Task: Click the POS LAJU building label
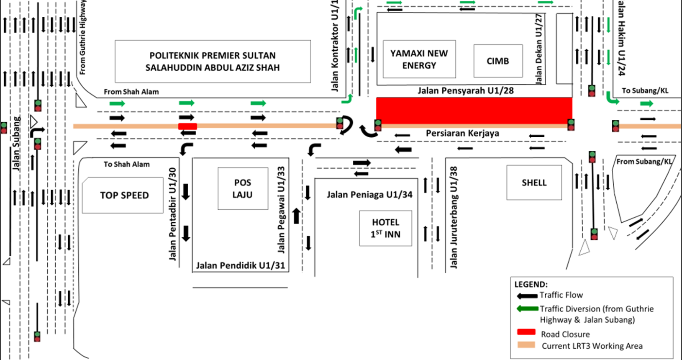(x=243, y=188)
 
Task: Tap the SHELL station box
(x=534, y=183)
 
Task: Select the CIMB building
(x=498, y=61)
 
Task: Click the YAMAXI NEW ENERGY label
(x=419, y=59)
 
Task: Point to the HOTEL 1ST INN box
(x=385, y=228)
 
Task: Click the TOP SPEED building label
(x=124, y=195)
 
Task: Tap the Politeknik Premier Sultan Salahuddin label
(x=213, y=62)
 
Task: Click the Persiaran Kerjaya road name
(x=462, y=134)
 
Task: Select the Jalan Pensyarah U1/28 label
(x=465, y=91)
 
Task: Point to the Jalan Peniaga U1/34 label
(x=369, y=195)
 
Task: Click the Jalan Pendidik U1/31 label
(x=241, y=265)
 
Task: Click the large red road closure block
(x=474, y=111)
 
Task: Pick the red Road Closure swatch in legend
(x=526, y=332)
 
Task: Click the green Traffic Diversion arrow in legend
(x=527, y=309)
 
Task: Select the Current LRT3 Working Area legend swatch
(x=526, y=345)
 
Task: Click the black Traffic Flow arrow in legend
(x=527, y=296)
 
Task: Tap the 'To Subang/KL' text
(x=645, y=91)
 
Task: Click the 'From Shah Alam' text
(x=131, y=92)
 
